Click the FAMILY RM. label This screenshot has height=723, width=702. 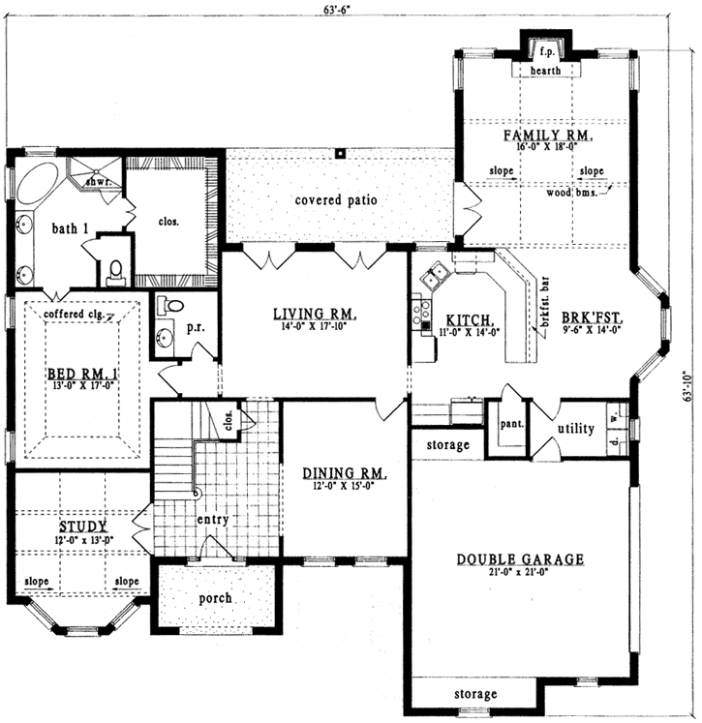(x=547, y=135)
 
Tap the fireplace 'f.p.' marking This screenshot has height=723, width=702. (x=545, y=50)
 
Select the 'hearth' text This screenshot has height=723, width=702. (x=545, y=71)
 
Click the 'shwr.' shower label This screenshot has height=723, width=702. (x=95, y=181)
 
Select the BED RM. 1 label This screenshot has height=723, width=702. (x=79, y=376)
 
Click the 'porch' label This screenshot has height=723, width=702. (x=215, y=597)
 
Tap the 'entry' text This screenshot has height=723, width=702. (x=212, y=520)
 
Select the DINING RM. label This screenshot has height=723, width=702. (x=345, y=473)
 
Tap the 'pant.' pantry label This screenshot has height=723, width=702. (x=510, y=424)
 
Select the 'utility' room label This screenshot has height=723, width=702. (x=575, y=428)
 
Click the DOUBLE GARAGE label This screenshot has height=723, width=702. (x=520, y=558)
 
